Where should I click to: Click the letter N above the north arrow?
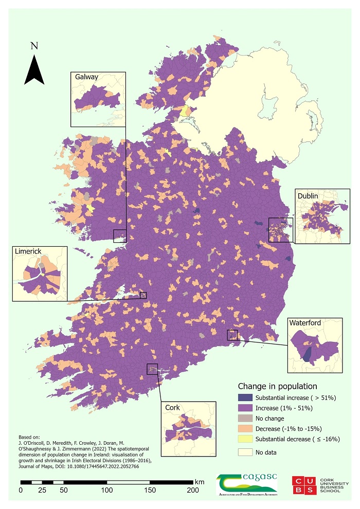34,46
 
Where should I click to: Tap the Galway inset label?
86,77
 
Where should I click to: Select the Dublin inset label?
308,196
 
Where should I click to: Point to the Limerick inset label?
28,251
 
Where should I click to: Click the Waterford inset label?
305,323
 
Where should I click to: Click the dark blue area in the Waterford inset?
307,354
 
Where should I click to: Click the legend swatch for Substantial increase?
245,397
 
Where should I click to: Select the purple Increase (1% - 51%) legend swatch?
245,408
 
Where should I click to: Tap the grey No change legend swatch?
245,418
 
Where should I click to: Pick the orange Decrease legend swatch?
245,428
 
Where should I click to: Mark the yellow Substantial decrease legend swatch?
245,439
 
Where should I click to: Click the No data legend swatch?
245,452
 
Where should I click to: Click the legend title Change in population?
277,386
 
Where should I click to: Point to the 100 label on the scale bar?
107,490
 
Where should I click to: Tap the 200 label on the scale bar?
193,490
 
